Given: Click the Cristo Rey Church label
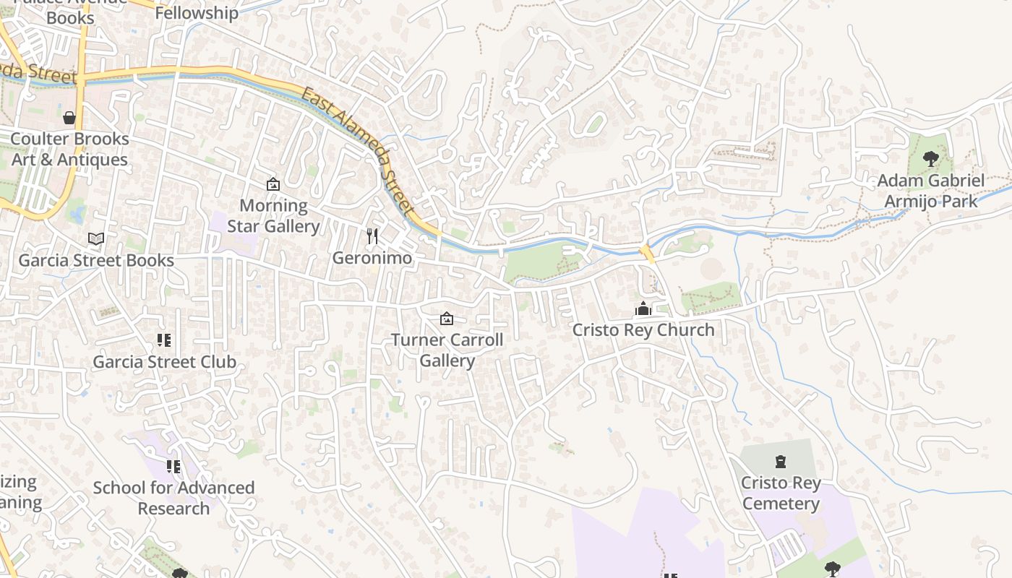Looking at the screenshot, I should pyautogui.click(x=643, y=330).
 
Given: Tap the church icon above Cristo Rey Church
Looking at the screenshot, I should pyautogui.click(x=643, y=310).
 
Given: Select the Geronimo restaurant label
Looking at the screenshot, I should pyautogui.click(x=372, y=258).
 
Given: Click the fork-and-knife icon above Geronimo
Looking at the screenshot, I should pyautogui.click(x=372, y=236).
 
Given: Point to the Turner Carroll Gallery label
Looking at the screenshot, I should pyautogui.click(x=447, y=350).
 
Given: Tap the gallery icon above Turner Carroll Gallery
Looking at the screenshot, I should pyautogui.click(x=447, y=319).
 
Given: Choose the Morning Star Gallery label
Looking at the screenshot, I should pyautogui.click(x=273, y=216).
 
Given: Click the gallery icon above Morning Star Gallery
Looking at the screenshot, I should pyautogui.click(x=273, y=185).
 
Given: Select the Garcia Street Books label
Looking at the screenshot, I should pyautogui.click(x=96, y=261).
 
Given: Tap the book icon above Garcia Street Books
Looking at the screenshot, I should pyautogui.click(x=96, y=238).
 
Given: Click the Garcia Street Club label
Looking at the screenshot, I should pyautogui.click(x=165, y=362).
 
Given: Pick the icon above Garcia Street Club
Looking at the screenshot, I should pyautogui.click(x=165, y=340).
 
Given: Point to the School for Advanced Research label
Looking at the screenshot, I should pyautogui.click(x=173, y=498).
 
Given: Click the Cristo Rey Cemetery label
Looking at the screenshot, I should pyautogui.click(x=781, y=493).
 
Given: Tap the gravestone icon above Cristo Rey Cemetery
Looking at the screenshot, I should pyautogui.click(x=781, y=461).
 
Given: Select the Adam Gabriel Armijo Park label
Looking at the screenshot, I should pyautogui.click(x=931, y=191).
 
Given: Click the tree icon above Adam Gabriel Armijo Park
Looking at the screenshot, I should pyautogui.click(x=931, y=159).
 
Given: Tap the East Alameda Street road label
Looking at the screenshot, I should pyautogui.click(x=359, y=152).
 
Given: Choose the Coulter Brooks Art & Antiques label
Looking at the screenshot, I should pyautogui.click(x=69, y=149).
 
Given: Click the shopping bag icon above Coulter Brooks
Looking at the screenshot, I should pyautogui.click(x=69, y=117).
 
